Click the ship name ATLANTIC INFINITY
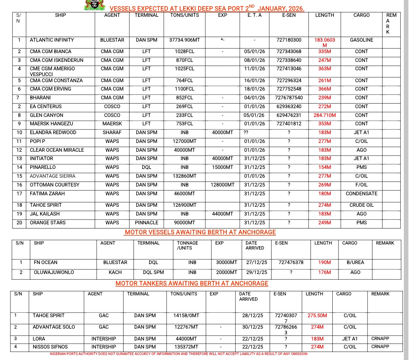52,40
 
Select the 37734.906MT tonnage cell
184,40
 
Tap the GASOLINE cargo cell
361,40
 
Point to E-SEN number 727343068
289,52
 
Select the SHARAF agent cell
112,133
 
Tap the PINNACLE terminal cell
146,223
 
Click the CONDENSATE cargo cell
361,194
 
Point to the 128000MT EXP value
223,185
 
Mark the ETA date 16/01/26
254,81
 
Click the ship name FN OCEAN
46,263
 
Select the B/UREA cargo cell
355,263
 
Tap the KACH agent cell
115,272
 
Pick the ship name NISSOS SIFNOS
50,347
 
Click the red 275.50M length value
317,316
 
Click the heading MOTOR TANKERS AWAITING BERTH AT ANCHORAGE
192,284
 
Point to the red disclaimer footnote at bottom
179,354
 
